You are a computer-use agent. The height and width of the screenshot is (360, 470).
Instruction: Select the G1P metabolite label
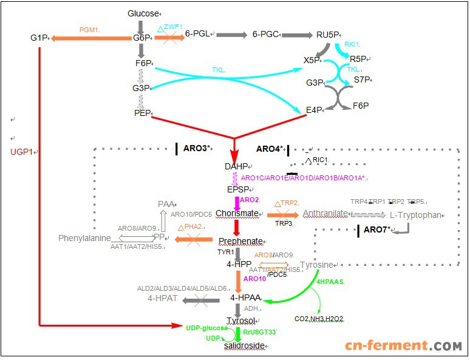point(38,38)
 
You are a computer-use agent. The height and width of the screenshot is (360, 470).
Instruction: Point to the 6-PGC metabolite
point(265,34)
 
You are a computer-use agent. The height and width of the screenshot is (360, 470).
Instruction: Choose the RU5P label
point(328,35)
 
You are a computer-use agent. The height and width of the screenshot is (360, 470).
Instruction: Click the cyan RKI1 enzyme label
point(352,45)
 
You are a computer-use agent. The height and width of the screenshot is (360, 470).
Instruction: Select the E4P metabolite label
point(313,109)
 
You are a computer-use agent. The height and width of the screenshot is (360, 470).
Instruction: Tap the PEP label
point(141,112)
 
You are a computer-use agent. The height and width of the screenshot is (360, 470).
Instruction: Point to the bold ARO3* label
point(197,148)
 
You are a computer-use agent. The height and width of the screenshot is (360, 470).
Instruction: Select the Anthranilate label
point(325,214)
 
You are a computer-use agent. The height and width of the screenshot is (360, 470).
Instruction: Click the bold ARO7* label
point(378,229)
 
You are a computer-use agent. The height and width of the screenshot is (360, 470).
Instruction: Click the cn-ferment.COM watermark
point(404,345)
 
